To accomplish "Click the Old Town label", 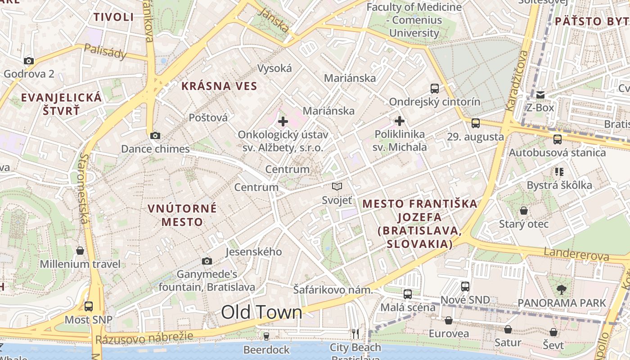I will coord(261,312).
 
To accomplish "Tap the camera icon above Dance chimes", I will coord(155,135).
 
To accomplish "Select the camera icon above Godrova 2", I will coord(29,61).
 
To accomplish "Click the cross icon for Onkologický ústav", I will coord(283,121).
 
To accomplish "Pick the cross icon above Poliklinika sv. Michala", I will coord(400,121).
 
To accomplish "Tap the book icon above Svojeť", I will coord(337,186).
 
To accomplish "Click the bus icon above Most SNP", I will coord(89,306).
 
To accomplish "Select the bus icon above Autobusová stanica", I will coord(558,139).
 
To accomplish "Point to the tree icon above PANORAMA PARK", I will coord(562,289).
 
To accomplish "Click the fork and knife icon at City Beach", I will coord(355,333).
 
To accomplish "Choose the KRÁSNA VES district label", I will coord(219,86).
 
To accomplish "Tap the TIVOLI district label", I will coord(114,17).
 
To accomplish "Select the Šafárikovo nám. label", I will coord(333,290).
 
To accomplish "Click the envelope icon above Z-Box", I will coord(540,94).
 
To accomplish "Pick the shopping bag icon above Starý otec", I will coord(524,211).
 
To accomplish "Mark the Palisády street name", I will coord(105,52).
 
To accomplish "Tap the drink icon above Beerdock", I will coord(266,336).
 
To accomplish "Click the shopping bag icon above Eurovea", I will coord(449,320).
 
